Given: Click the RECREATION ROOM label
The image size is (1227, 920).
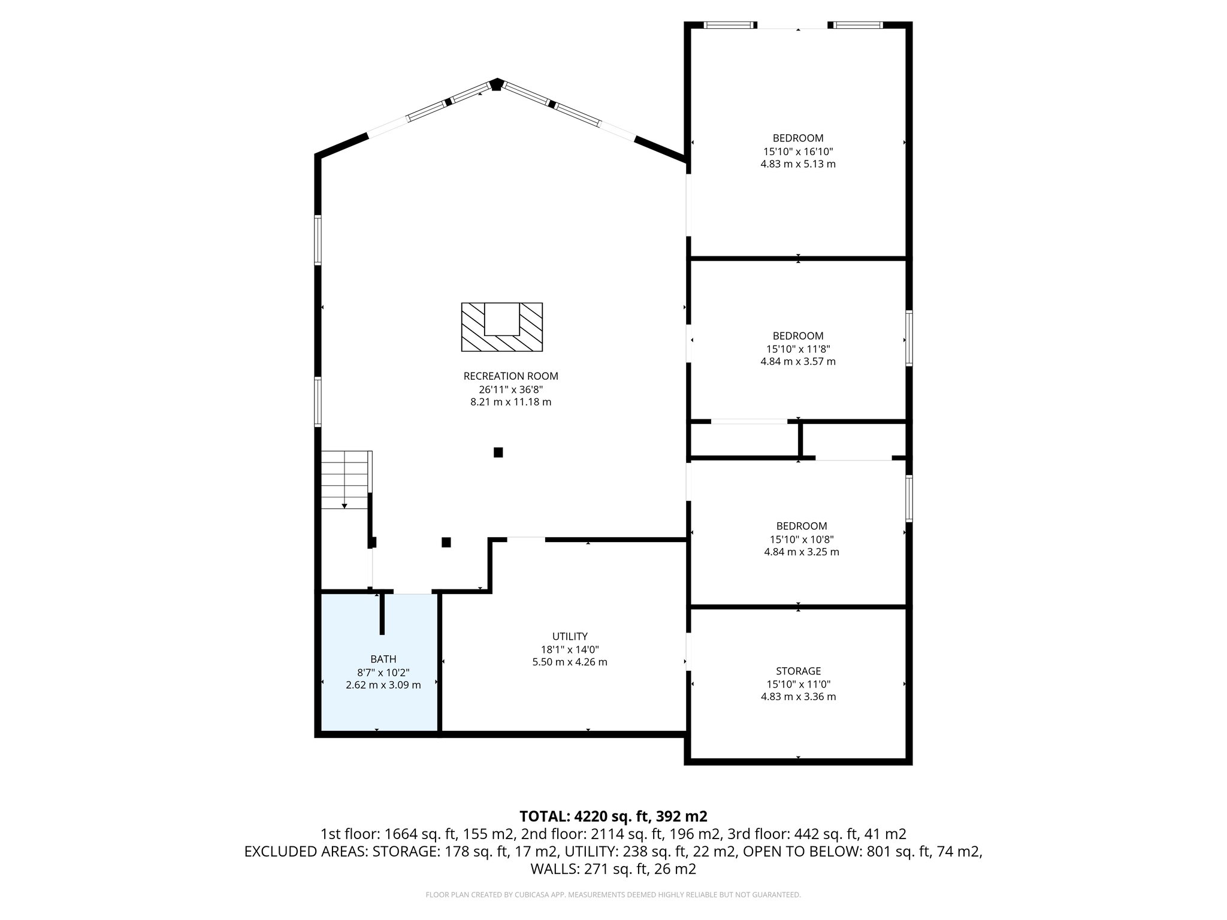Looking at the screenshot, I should (510, 376).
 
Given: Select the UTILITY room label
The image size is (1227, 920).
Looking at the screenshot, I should (569, 636).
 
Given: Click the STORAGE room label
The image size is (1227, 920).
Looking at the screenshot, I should (798, 671).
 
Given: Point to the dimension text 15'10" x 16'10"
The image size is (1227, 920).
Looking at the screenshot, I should (798, 151).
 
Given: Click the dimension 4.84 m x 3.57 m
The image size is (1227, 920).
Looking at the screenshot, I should (798, 361).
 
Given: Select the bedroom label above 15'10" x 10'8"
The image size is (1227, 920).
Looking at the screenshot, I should (801, 526).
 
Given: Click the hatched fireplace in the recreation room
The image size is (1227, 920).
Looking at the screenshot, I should (501, 327).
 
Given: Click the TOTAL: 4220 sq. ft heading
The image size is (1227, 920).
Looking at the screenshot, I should (613, 816).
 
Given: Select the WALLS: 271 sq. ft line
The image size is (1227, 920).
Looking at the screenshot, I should (613, 868).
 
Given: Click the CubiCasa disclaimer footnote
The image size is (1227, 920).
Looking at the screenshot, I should (613, 895).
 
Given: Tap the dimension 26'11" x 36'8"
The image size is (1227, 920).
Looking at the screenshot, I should (510, 389).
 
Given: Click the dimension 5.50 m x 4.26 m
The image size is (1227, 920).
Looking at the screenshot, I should (569, 662).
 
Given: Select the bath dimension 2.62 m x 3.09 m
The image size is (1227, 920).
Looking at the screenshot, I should (383, 685).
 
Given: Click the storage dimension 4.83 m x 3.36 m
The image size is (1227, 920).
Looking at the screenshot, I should (798, 697).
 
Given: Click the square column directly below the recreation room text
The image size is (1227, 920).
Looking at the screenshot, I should (498, 452).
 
